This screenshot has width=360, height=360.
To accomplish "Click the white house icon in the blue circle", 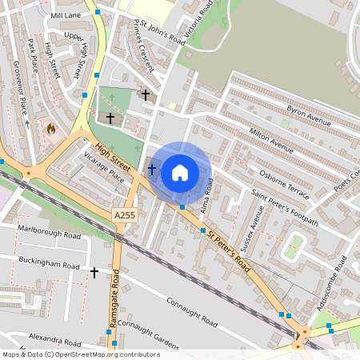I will [180, 172].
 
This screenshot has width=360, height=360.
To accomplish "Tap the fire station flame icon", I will [52, 127].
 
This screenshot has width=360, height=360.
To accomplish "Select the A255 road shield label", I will [125, 216].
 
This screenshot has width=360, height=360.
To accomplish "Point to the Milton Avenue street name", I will [271, 138].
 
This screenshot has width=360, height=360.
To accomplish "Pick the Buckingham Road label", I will [49, 265].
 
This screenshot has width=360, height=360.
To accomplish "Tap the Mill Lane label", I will [66, 15].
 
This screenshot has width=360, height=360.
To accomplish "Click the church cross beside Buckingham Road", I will [94, 273].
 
